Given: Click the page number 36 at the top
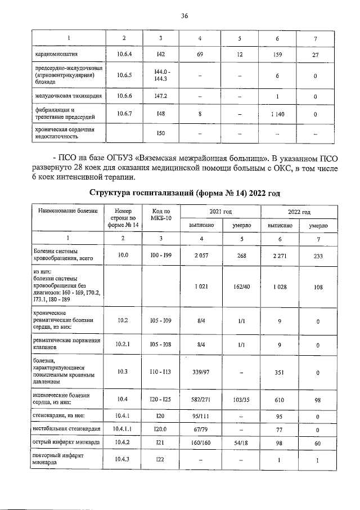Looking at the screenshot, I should click(x=184, y=16).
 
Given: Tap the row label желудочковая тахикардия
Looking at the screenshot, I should click(x=68, y=96).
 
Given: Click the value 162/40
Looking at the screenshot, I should click(x=241, y=287).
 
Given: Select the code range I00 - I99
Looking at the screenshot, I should click(x=161, y=256).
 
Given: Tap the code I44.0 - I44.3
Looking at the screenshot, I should click(x=161, y=75).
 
